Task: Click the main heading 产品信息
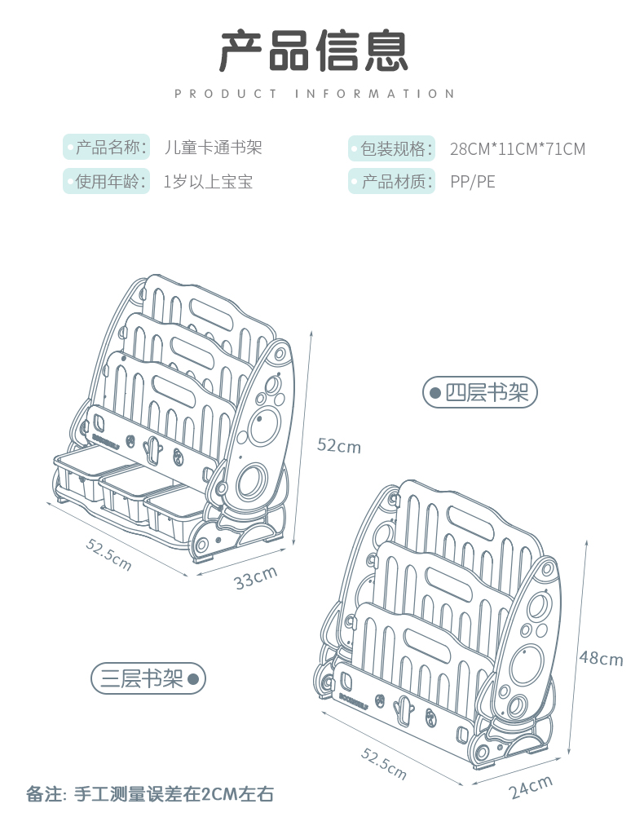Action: pos(314,50)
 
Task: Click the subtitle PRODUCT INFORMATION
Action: pos(314,94)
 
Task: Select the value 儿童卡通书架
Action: pos(213,148)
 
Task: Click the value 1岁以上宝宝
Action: pos(208,181)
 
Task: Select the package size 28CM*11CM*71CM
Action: pos(517,149)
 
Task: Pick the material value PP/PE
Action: pos(472,181)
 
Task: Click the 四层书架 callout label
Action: pos(480,393)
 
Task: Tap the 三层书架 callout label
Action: pos(148,678)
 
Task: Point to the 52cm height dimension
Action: pos(339,445)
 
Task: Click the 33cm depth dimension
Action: pos(255,576)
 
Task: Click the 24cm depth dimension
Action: pos(531,787)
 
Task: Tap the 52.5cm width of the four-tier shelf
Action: pos(108,554)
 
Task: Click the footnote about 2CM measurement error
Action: pos(156,793)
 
